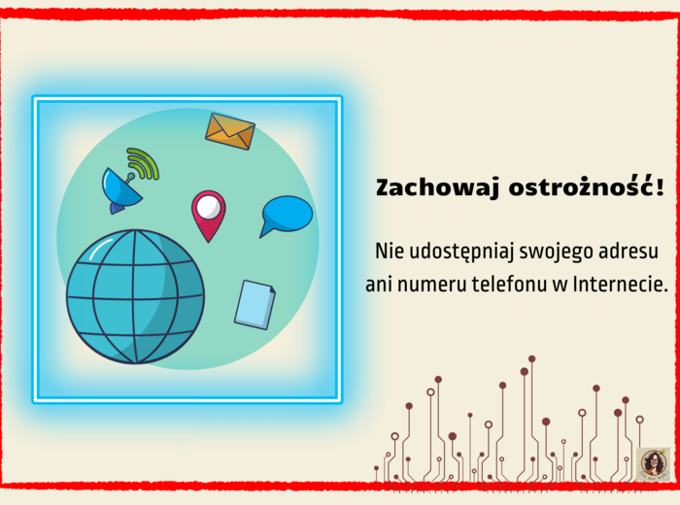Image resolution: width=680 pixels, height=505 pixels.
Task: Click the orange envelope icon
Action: (230, 131)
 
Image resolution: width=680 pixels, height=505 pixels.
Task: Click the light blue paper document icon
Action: (255, 304)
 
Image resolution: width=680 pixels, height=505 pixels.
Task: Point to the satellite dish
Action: (121, 190)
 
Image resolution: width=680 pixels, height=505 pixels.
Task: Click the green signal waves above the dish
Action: (144, 162)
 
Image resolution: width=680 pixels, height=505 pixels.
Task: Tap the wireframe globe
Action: (135, 296)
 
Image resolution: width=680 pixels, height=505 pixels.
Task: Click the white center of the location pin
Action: (208, 206)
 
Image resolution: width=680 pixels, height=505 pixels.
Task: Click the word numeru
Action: (429, 285)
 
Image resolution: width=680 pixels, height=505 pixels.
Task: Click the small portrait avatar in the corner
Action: (654, 462)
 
